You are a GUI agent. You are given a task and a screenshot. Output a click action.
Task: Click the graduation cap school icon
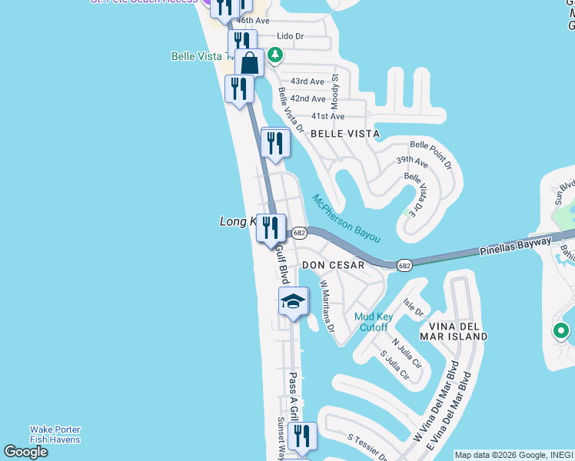point(293,302)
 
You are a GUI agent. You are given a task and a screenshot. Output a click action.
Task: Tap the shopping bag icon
point(250,61)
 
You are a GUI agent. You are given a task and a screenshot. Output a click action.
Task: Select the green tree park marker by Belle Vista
point(274,55)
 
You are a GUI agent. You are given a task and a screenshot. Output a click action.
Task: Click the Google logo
point(25,452)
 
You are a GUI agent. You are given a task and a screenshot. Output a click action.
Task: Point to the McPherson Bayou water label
point(357,219)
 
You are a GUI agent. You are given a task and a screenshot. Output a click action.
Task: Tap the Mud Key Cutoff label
point(374,322)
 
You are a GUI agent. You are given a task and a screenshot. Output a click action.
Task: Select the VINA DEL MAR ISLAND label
point(454,330)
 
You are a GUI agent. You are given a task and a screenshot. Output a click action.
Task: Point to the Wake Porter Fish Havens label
point(55,434)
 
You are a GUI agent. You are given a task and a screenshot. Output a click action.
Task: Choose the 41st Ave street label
point(327,116)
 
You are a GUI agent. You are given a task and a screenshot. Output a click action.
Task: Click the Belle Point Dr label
point(431,154)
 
